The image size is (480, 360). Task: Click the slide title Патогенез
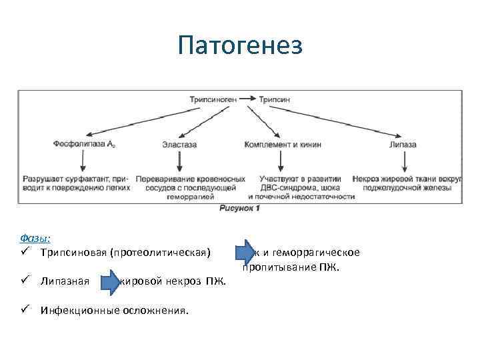pyautogui.click(x=240, y=46)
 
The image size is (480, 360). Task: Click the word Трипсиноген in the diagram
pyautogui.click(x=213, y=99)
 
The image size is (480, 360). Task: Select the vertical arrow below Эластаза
pyautogui.click(x=179, y=162)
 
